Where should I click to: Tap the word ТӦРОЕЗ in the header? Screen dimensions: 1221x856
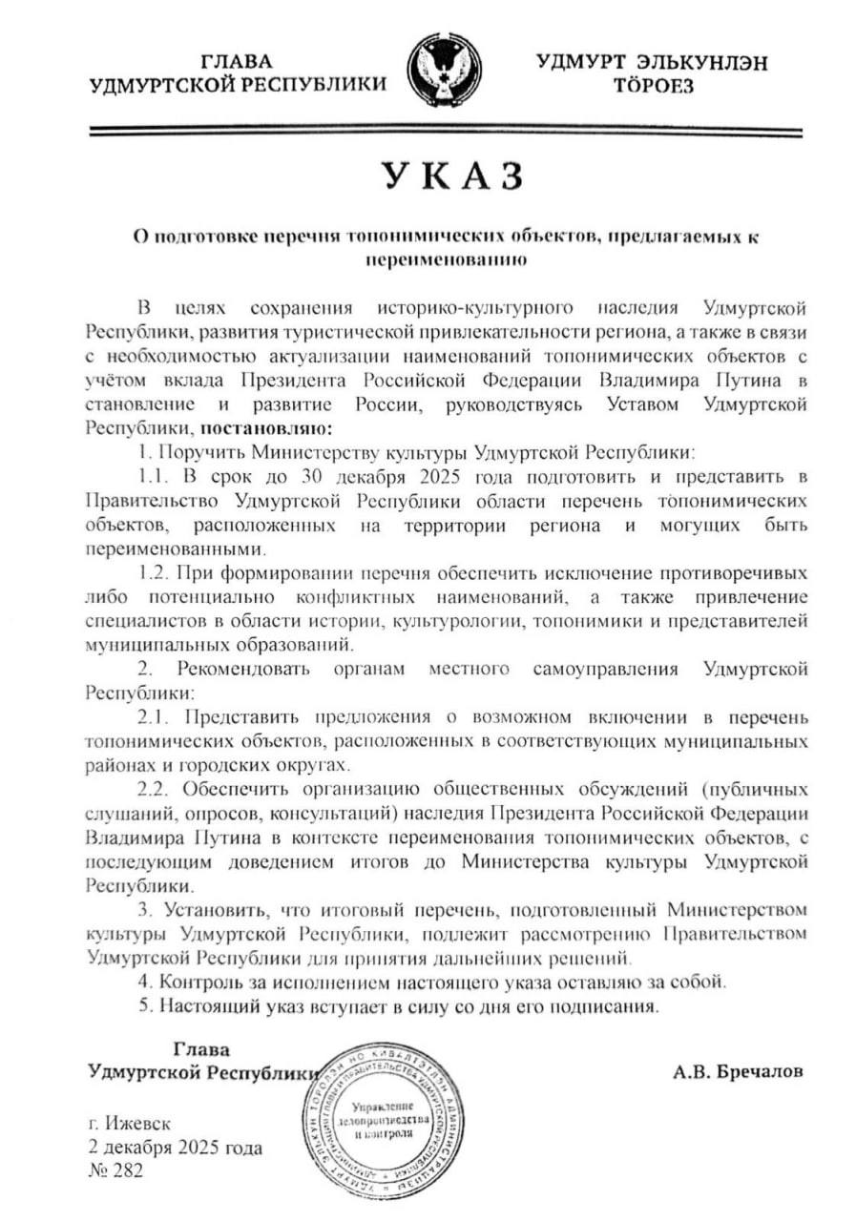click(x=655, y=86)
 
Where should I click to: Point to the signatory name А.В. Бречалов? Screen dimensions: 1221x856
click(x=738, y=1071)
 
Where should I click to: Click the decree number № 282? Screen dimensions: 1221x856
click(x=115, y=1171)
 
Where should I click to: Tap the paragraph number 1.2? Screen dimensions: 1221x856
click(x=154, y=573)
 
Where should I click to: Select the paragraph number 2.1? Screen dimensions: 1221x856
click(x=155, y=715)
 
